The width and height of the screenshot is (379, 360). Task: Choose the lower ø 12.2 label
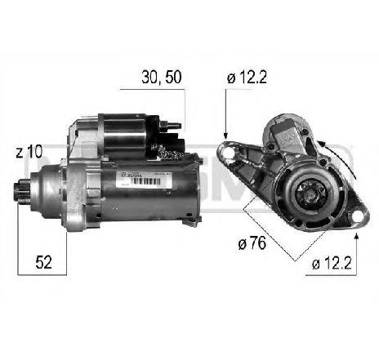pos(335,263)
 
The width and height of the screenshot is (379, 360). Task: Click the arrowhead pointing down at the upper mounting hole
pos(225,132)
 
